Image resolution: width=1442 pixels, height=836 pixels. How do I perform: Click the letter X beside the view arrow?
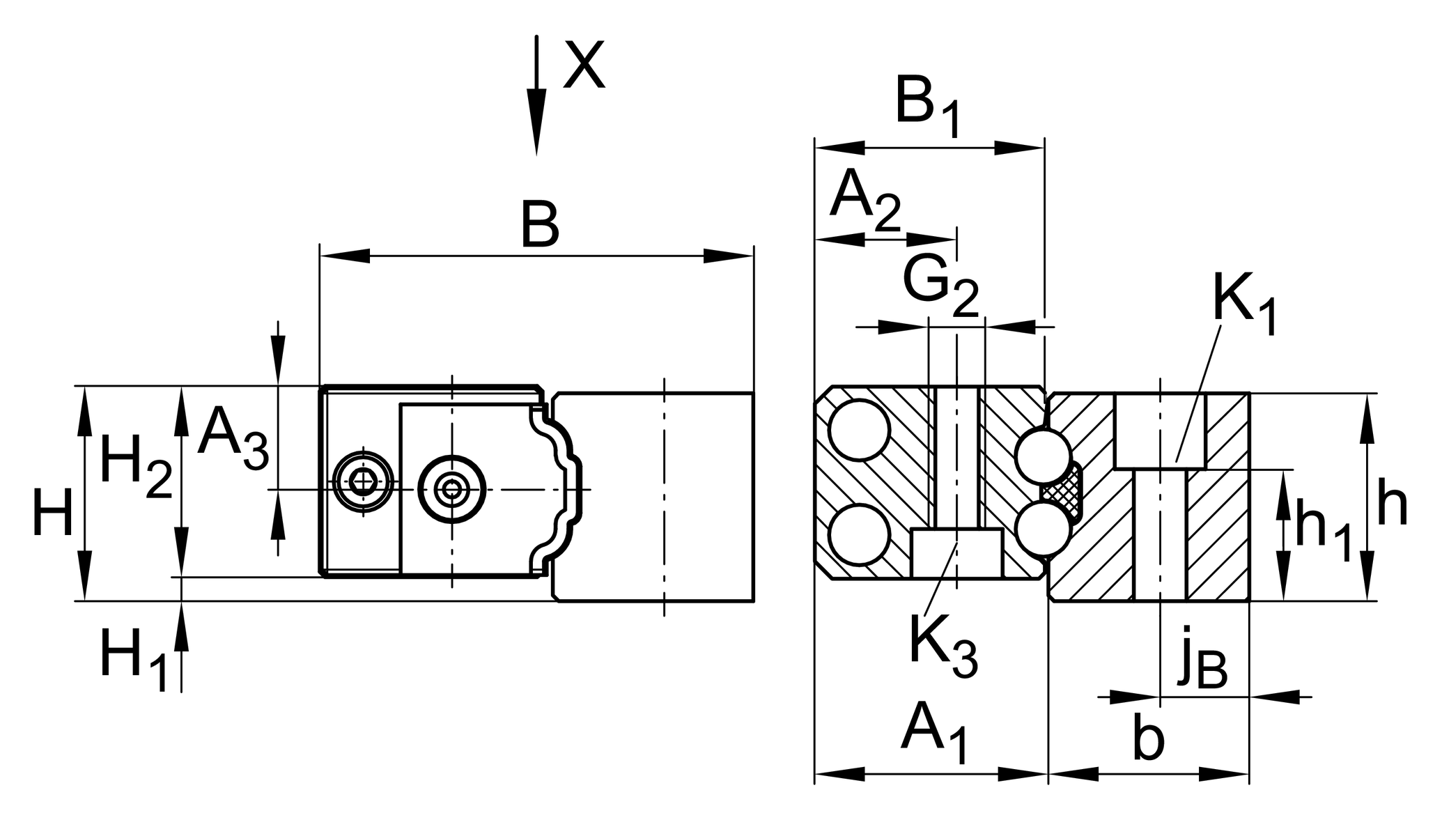click(584, 65)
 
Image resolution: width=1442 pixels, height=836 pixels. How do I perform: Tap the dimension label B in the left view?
click(540, 224)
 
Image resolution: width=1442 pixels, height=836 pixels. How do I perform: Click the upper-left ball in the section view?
click(859, 430)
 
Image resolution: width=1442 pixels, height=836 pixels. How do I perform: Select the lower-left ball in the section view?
click(859, 534)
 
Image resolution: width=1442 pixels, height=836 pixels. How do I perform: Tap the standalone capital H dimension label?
click(53, 513)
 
